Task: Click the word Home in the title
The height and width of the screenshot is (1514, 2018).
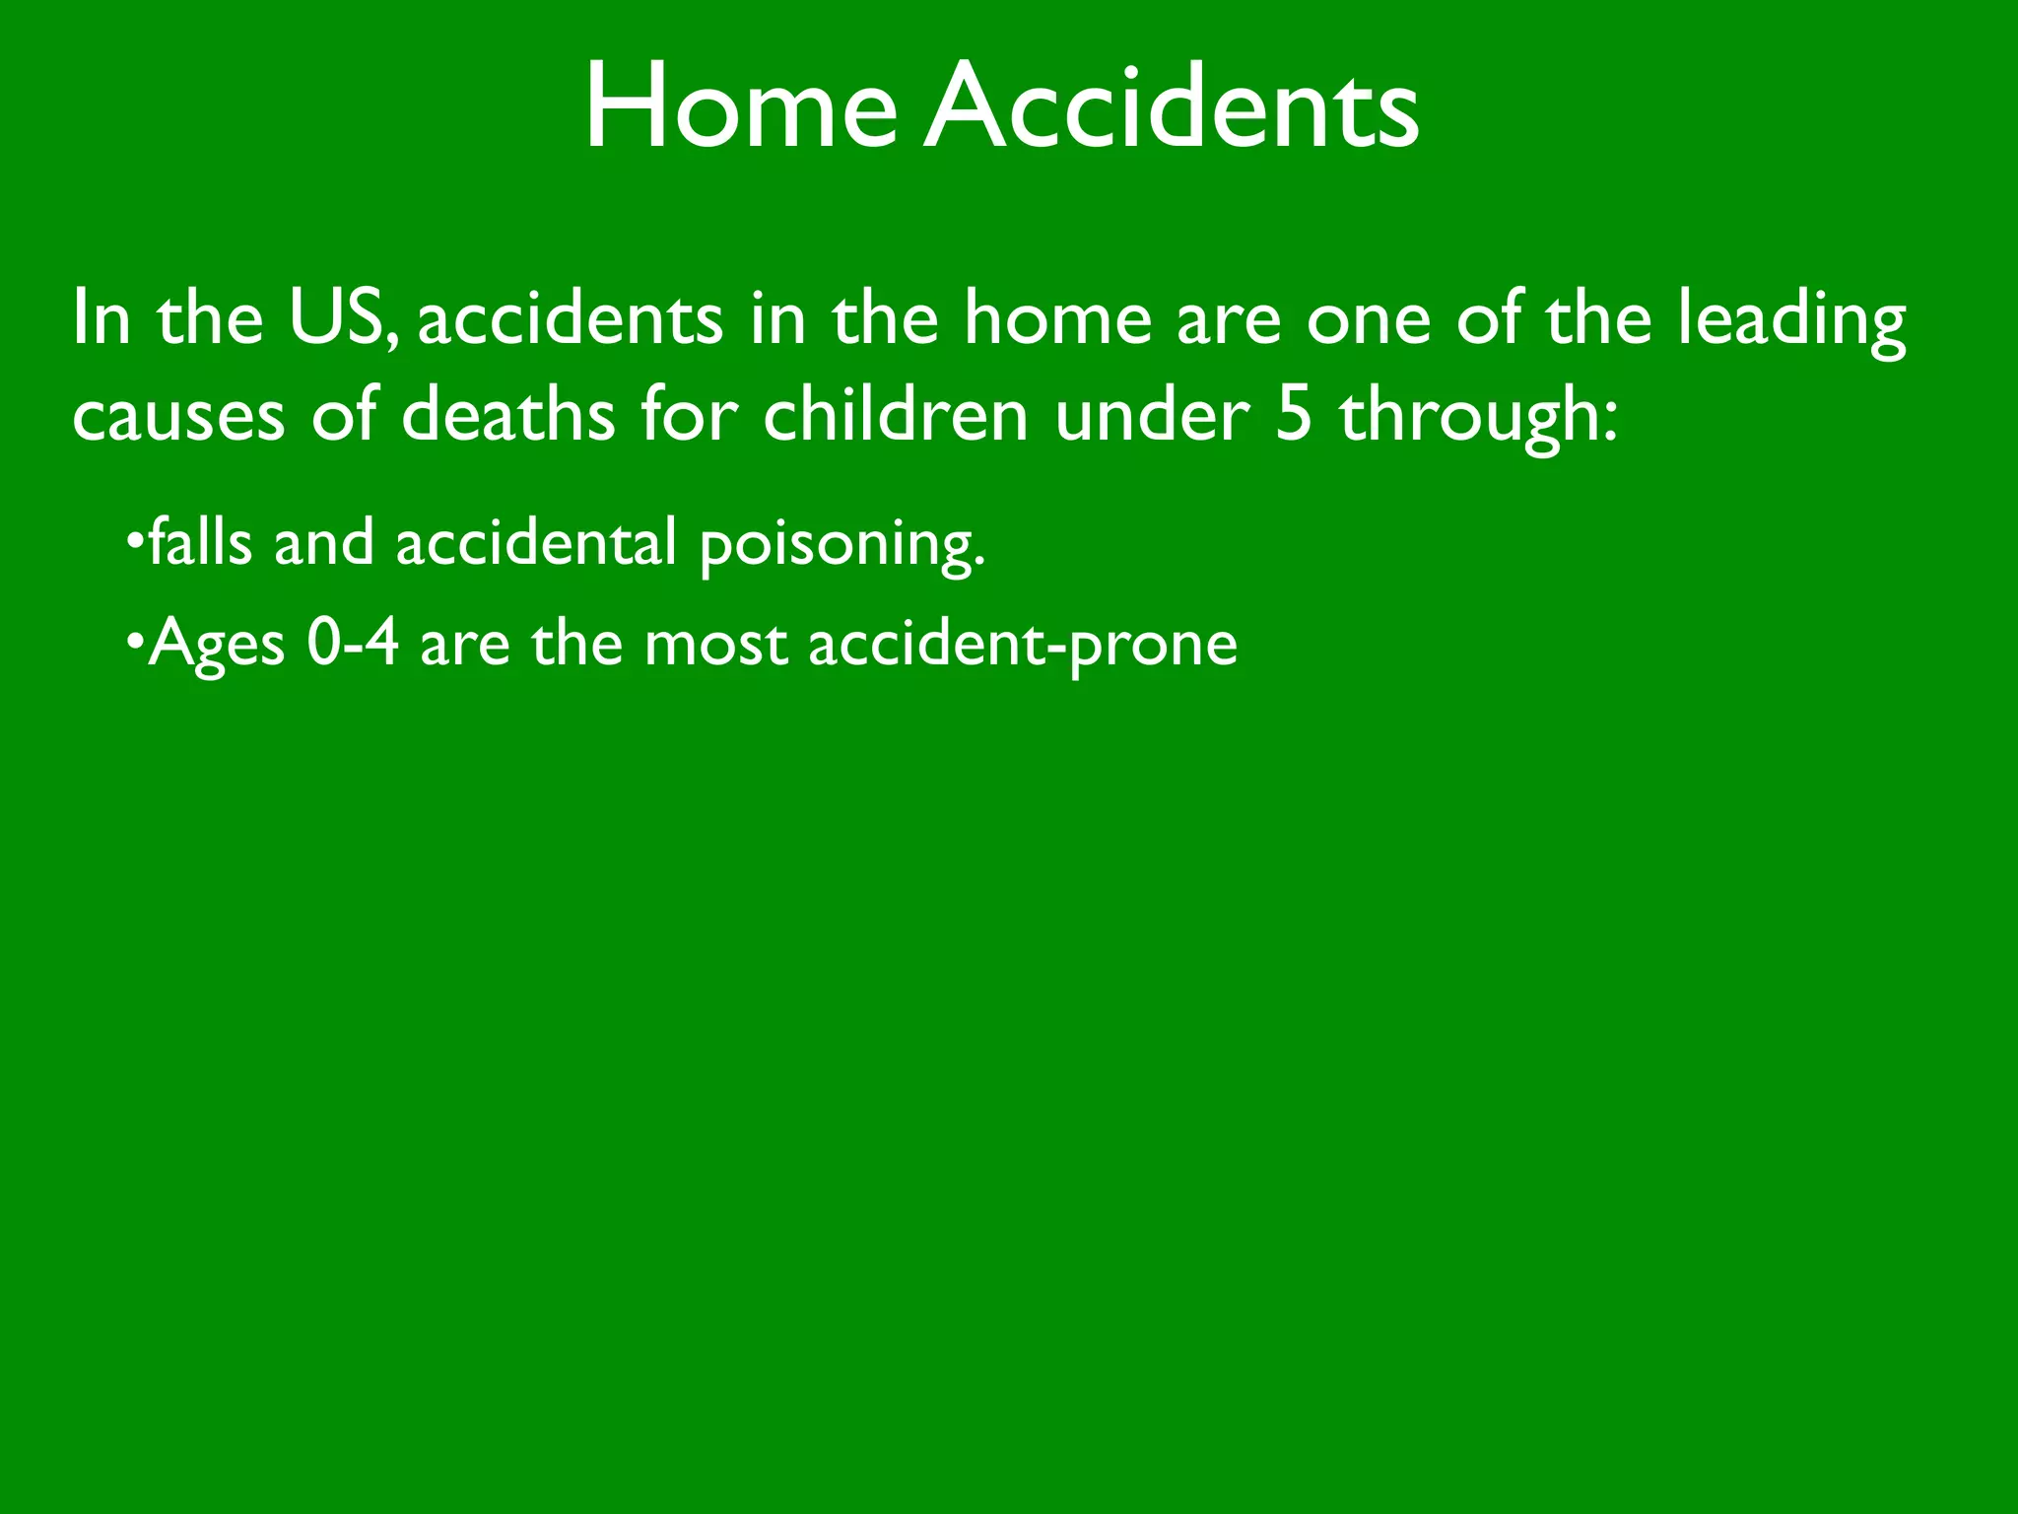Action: coord(740,106)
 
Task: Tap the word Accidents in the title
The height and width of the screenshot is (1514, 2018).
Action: coord(1173,106)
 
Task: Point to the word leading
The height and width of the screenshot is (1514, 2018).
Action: coord(1792,321)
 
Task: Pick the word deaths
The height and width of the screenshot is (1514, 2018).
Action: coord(508,414)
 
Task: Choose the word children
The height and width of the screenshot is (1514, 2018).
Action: coord(896,414)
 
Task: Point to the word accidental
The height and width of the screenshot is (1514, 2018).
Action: coord(536,542)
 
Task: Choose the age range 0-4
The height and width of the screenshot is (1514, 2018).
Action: coord(353,643)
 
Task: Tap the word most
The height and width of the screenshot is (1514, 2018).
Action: coord(715,645)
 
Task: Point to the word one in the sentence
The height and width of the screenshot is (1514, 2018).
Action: coord(1369,321)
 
